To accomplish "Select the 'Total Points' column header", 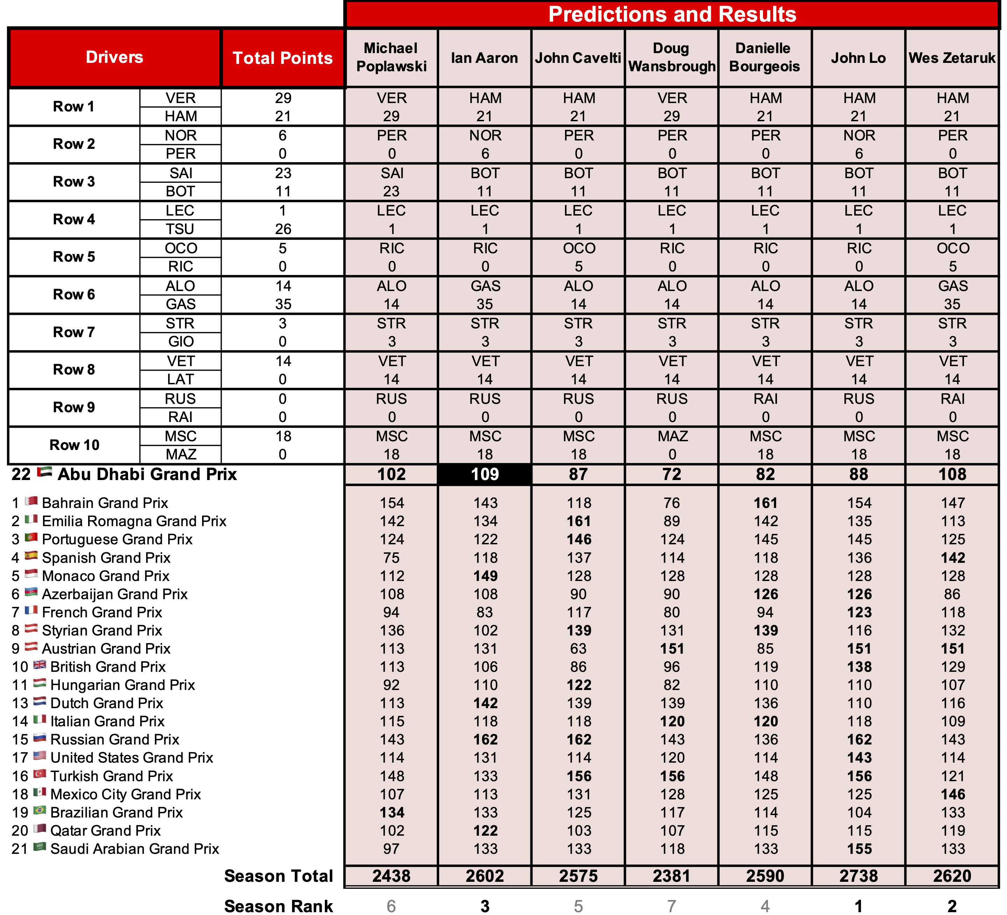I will [283, 58].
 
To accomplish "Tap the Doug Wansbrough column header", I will [672, 57].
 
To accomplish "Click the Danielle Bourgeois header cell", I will [764, 57].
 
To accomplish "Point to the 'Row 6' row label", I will [74, 295].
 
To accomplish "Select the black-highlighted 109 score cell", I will [485, 474].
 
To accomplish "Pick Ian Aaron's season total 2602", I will [485, 876].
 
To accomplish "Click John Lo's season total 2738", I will [859, 876].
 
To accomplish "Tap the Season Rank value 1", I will [859, 906].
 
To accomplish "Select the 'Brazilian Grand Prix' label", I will [116, 813].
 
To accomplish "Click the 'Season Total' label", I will [278, 876].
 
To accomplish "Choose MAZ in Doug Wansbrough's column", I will [672, 436].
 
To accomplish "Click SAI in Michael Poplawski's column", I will [392, 173].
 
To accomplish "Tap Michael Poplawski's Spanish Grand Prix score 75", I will [392, 558].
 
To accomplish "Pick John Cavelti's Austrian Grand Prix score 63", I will [578, 648].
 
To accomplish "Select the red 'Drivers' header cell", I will [114, 57].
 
